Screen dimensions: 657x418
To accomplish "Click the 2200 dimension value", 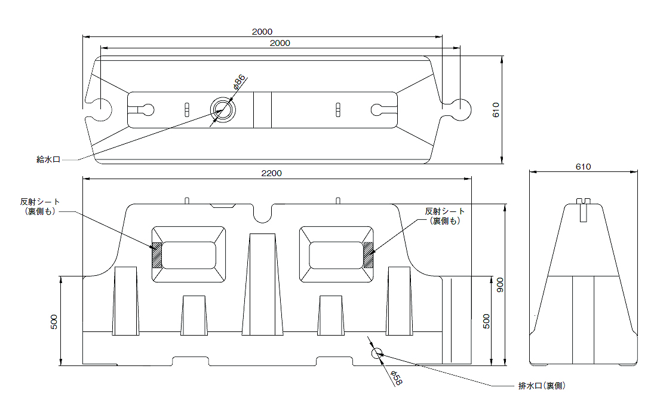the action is coord(272,173).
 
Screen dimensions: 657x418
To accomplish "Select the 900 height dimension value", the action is coord(500,285).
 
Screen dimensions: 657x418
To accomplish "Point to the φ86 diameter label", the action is coord(240,82).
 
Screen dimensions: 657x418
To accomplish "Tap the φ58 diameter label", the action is coord(397,378).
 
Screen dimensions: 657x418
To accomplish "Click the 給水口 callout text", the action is coord(48,159).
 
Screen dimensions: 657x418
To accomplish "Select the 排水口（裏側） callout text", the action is coord(542,386).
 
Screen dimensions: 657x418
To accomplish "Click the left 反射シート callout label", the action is coord(40,207).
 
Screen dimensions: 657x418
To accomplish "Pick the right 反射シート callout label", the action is coord(444,216).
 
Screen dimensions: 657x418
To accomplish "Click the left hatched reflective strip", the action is coord(156,255).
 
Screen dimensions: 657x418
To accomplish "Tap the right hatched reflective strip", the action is coord(369,255).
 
